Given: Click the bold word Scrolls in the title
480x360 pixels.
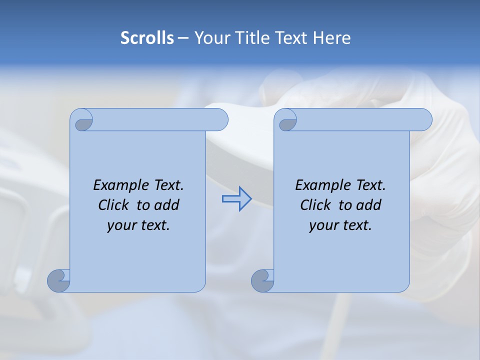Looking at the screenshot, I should point(147,38).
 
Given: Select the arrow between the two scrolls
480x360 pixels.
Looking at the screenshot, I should point(236,199).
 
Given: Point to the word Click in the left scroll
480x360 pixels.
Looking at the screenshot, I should point(113,205).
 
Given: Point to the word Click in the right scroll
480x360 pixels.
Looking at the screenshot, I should point(315,205).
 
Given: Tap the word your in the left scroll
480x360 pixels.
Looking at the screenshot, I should point(121,225).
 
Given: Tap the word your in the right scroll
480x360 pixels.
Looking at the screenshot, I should point(323,225).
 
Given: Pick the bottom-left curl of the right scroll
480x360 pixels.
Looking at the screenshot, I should point(262,280).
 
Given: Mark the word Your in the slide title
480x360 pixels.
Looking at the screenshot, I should point(210,38).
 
